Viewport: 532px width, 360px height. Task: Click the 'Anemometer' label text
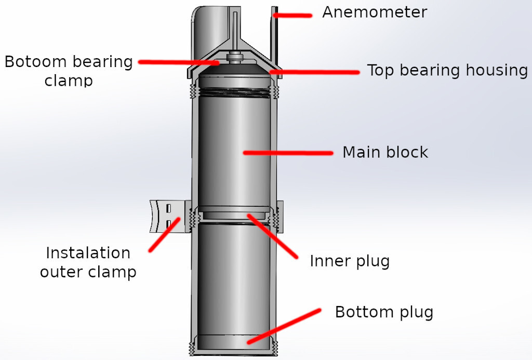374,12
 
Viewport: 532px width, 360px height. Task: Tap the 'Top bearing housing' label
447,70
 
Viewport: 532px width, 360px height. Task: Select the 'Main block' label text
385,152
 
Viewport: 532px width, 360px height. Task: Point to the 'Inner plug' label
349,261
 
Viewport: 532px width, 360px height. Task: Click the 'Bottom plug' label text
383,313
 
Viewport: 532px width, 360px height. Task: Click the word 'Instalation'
88,253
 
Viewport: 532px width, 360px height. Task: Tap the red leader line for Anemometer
292,16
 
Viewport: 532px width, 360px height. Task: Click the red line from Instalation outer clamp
165,235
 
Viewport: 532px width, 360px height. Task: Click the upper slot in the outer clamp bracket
169,208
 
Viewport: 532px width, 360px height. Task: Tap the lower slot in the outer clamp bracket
169,224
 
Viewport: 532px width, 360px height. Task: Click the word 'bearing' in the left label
101,62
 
